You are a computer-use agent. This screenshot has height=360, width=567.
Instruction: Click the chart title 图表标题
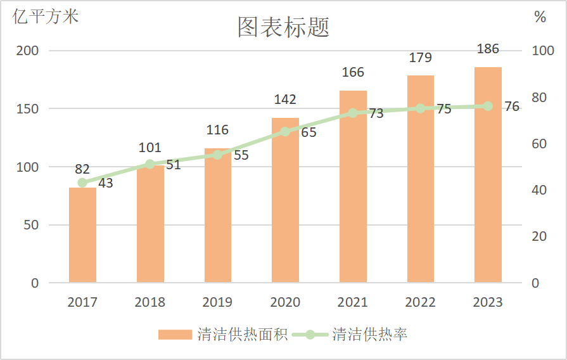point(283,27)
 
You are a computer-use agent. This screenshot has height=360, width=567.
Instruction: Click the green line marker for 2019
point(217,155)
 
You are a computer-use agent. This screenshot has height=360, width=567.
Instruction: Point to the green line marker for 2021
point(353,113)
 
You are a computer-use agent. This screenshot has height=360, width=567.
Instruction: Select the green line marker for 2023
point(488,106)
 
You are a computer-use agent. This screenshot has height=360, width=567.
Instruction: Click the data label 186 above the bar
point(488,49)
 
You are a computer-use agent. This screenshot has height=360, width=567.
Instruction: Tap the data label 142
point(285,100)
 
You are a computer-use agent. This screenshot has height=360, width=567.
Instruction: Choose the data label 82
point(82,169)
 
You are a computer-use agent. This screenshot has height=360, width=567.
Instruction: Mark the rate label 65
point(309,133)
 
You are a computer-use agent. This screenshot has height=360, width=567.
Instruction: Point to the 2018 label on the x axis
point(150,302)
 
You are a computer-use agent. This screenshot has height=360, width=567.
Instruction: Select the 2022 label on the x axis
point(420,302)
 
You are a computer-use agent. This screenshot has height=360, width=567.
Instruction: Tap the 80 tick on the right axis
point(538,98)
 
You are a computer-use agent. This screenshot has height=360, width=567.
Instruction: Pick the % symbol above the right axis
point(540,18)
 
